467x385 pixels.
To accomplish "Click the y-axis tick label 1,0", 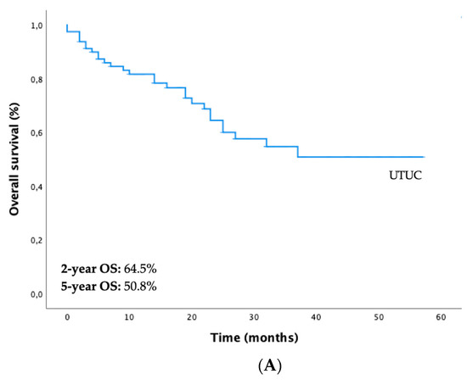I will pyautogui.click(x=40, y=26).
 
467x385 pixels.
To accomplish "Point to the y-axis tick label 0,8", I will pyautogui.click(x=40, y=80).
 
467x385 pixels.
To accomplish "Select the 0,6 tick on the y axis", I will pyautogui.click(x=40, y=133).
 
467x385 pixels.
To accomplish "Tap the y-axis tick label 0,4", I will pyautogui.click(x=40, y=187).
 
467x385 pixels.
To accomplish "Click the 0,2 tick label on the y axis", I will pyautogui.click(x=40, y=241).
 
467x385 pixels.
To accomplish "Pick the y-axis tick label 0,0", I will pyautogui.click(x=40, y=294).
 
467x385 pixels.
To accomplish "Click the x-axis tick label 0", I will pyautogui.click(x=67, y=316).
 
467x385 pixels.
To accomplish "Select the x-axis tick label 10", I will pyautogui.click(x=129, y=316).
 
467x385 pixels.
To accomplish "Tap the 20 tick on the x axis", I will pyautogui.click(x=192, y=316).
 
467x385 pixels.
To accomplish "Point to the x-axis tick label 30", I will pyautogui.click(x=254, y=316).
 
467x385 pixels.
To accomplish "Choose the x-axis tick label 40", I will pyautogui.click(x=316, y=316).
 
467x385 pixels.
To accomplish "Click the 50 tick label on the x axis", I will pyautogui.click(x=379, y=316).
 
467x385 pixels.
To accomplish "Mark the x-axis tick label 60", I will pyautogui.click(x=441, y=316).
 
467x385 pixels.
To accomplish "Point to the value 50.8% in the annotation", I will pyautogui.click(x=136, y=286).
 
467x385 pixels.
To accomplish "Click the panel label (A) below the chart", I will pyautogui.click(x=233, y=368).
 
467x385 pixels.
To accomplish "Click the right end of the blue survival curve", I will pyautogui.click(x=424, y=157).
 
